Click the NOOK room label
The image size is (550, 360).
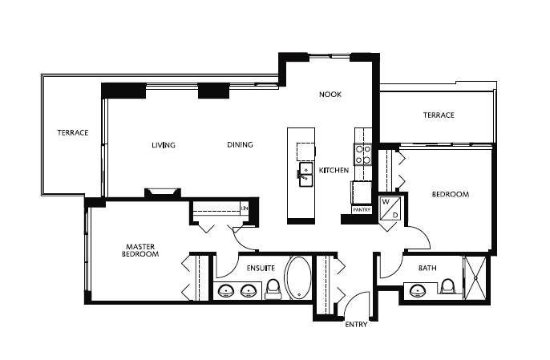pos(330,95)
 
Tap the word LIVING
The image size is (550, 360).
pos(164,145)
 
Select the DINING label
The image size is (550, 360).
pos(240,144)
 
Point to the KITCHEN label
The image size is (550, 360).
pos(334,170)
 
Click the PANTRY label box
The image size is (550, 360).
pos(362,210)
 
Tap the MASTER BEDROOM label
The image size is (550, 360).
pos(140,250)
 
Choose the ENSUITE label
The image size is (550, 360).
pos(261,269)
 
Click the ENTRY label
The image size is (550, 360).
pos(356,325)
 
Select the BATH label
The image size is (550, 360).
pos(427,269)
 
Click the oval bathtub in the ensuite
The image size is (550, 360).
pos(299,278)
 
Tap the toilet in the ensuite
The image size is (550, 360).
pos(273,289)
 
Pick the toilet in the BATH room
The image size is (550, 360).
pos(447,286)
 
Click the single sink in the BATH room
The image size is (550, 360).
pos(418,290)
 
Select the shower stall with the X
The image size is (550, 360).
pos(475,278)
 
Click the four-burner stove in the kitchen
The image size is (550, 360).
pos(362,155)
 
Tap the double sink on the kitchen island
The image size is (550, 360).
pos(306,174)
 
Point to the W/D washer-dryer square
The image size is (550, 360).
pos(390,208)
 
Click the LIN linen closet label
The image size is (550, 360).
pos(245,208)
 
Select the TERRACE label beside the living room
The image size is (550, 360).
pos(73,132)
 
